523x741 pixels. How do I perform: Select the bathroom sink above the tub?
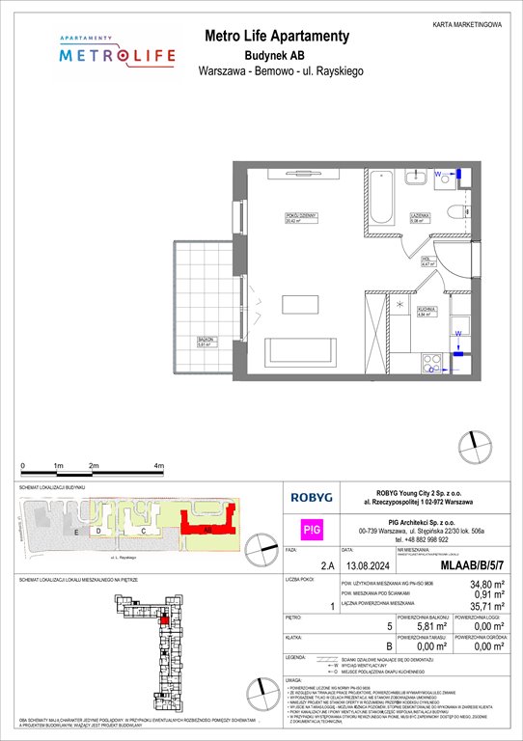(x=418, y=178)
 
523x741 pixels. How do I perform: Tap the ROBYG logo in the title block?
(x=312, y=499)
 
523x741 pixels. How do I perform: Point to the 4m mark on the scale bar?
(x=158, y=466)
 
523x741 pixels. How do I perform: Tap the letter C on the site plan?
(x=143, y=531)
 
